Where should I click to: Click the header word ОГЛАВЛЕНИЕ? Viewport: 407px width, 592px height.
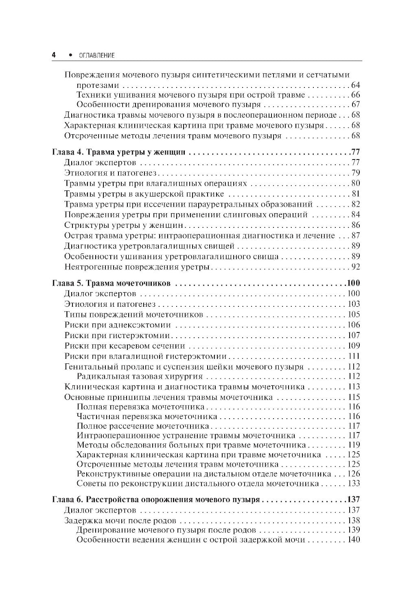(x=94, y=55)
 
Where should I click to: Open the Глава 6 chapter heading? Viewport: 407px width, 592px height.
(x=156, y=499)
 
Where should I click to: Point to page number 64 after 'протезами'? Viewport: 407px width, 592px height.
(x=355, y=85)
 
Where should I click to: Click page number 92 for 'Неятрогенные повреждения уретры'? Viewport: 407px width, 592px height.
(x=355, y=267)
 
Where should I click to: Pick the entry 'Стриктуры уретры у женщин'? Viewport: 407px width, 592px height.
(x=124, y=225)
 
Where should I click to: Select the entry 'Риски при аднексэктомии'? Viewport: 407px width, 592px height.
(x=118, y=325)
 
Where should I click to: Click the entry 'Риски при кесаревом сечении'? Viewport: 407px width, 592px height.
(x=125, y=346)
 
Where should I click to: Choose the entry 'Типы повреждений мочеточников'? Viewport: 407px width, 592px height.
(x=133, y=315)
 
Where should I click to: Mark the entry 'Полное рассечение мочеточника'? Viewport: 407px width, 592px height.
(x=142, y=426)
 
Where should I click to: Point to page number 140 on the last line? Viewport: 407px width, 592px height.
(x=352, y=540)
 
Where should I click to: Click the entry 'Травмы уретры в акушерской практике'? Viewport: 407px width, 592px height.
(x=144, y=194)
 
